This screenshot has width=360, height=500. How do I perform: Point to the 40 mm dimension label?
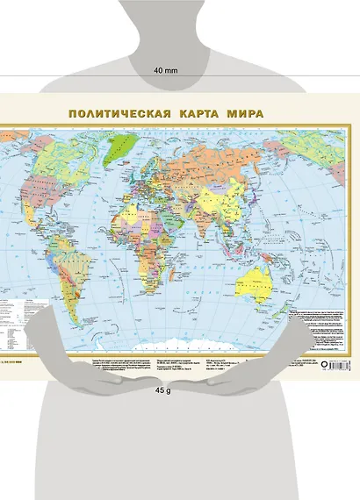(x=166, y=69)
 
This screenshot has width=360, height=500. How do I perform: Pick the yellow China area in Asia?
(x=233, y=189)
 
